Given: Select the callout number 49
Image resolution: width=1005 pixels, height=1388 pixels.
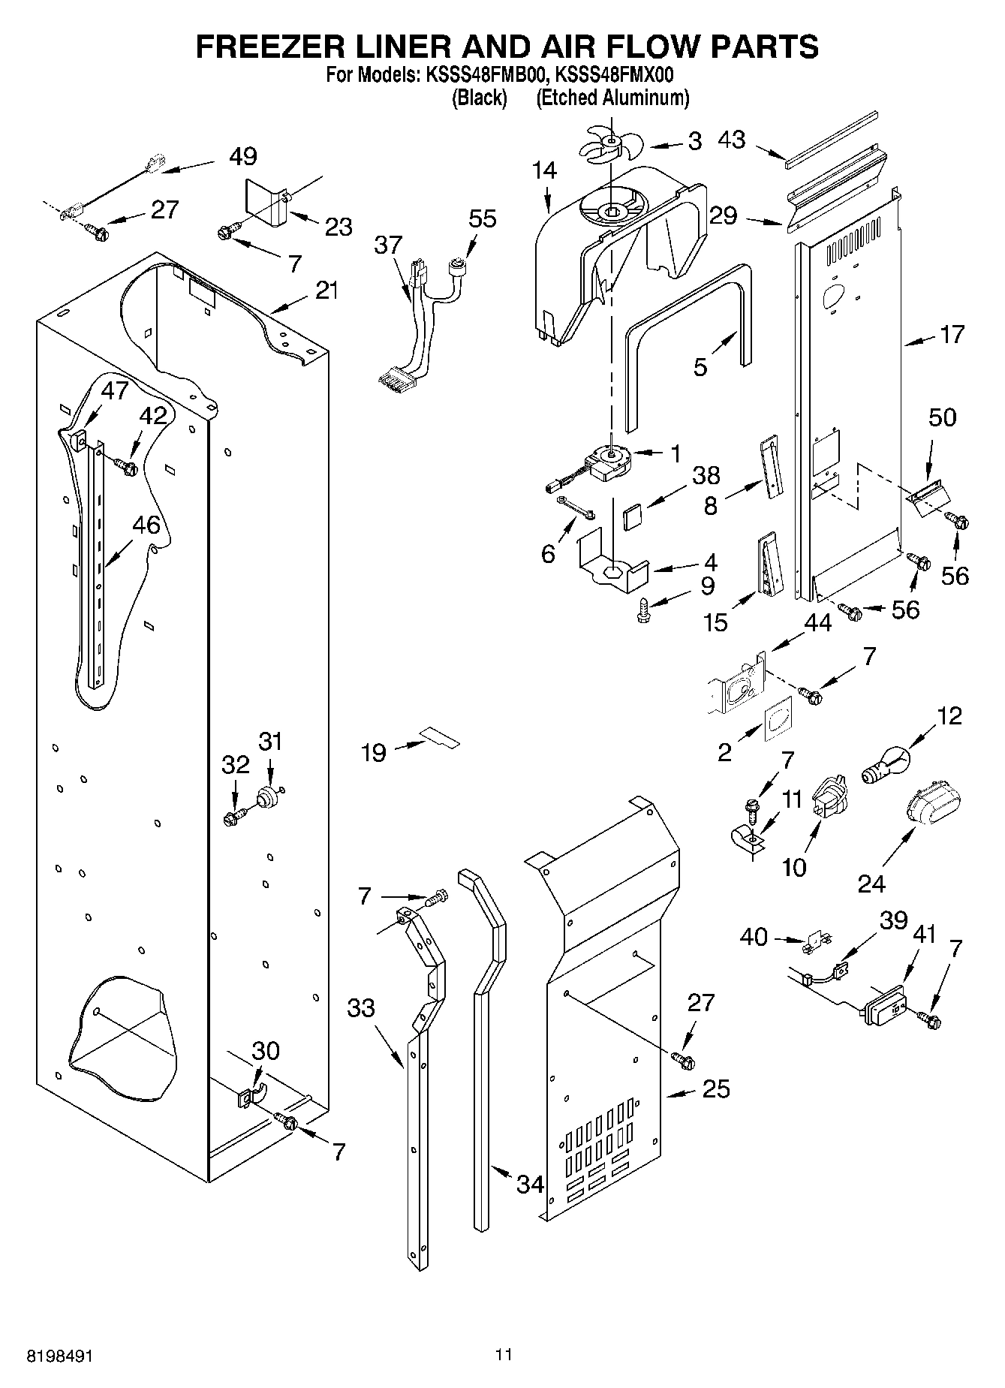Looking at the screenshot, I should tap(242, 156).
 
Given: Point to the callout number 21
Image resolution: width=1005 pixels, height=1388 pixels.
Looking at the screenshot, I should tap(326, 290).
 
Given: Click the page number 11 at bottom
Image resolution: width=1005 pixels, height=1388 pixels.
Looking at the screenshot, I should tap(503, 1354).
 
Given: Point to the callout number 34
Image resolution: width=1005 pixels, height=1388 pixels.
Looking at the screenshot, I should tap(530, 1185).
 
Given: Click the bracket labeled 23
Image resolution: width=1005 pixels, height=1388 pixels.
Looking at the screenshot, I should tap(267, 203).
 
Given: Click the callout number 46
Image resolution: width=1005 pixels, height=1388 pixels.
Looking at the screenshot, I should tap(146, 525).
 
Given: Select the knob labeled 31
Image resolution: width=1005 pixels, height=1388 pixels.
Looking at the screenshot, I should tap(268, 796).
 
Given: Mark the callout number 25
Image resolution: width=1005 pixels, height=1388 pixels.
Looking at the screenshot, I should tap(716, 1088).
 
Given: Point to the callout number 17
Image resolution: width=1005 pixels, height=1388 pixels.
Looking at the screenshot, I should tap(951, 334).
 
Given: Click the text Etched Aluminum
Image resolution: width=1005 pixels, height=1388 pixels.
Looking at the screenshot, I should tap(612, 98).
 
